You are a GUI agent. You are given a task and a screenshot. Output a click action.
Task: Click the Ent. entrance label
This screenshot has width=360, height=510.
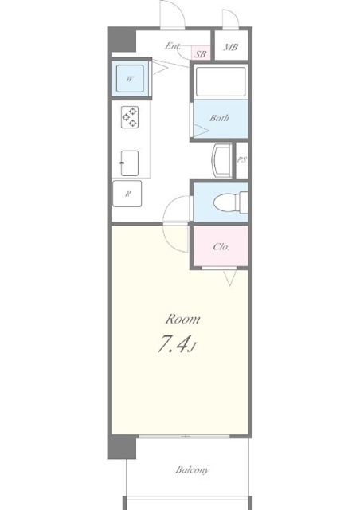coord(172,46)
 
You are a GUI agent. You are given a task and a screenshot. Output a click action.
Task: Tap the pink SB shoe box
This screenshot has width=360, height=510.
coord(201,53)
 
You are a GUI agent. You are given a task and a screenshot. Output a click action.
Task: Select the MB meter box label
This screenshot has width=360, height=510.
coord(230,48)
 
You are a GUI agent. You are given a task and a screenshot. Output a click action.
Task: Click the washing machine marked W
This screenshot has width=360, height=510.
coord(130,78)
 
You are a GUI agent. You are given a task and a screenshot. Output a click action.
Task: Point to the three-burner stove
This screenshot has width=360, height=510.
coord(130,117)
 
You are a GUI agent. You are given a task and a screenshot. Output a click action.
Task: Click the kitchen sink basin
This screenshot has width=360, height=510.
coord(130,163)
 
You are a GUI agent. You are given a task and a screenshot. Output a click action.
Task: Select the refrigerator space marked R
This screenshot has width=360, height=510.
coord(127,194)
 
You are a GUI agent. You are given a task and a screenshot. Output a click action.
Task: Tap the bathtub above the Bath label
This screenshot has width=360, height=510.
coord(221,81)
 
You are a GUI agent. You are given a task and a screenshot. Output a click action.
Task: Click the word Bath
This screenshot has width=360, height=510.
coord(220,118)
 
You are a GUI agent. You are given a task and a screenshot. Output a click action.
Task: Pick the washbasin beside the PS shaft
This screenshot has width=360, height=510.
coord(221,160)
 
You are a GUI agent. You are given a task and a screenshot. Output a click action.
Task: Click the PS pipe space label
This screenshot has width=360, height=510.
coord(241,159)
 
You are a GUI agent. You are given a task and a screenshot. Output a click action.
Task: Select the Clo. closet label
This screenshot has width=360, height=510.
coord(221,247)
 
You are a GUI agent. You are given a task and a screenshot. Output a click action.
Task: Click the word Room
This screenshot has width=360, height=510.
coord(182,319)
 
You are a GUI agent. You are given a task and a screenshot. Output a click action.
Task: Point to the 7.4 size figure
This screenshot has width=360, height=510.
coord(174,344)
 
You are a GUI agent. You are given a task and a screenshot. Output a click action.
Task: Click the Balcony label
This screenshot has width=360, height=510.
coord(193,470)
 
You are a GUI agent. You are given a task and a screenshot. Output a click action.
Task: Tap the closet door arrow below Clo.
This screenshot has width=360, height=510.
coord(230,278)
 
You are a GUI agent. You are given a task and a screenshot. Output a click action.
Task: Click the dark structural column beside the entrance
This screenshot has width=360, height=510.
coord(122,40)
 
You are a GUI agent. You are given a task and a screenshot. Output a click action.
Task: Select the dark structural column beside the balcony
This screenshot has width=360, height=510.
coord(122,446)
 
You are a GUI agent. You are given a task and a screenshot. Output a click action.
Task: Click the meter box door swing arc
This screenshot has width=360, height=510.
coord(232,15)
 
